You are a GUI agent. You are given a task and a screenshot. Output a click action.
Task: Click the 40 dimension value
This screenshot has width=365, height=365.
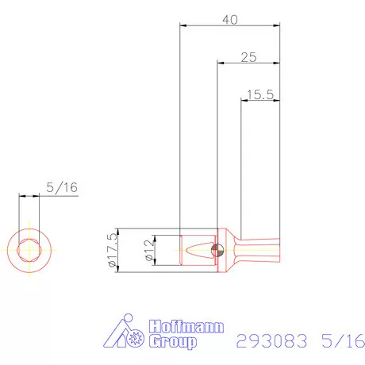[229, 19]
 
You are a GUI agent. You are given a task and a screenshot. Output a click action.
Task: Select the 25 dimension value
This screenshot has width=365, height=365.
[248, 57]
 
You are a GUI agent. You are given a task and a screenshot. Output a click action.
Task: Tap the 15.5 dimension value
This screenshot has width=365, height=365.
[260, 94]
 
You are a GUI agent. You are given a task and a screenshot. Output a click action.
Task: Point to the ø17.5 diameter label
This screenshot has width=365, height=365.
[111, 251]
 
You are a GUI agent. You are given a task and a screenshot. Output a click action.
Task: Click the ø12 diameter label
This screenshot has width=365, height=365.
[148, 250]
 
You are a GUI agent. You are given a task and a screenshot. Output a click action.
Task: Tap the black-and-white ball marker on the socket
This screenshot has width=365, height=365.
[217, 251]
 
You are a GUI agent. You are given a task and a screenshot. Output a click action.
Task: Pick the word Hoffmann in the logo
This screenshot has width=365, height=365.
[186, 327]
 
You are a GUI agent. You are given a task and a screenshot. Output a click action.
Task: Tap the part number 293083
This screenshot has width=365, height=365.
[271, 342]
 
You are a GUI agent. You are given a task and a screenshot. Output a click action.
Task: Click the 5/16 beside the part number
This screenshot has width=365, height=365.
[341, 342]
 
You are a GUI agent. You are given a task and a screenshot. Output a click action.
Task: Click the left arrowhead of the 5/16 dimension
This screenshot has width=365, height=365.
[22, 196]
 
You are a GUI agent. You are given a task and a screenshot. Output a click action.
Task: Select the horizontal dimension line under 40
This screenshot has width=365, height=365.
[230, 27]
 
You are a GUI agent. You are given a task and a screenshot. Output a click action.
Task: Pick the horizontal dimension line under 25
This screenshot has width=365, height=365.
[248, 64]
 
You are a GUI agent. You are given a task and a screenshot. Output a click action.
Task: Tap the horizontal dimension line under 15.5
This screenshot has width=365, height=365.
[260, 101]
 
